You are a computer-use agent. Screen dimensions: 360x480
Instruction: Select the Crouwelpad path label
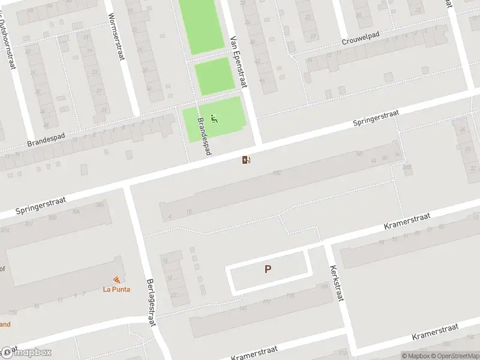[362, 41]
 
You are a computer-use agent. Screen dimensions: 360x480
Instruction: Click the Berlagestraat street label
[151, 302]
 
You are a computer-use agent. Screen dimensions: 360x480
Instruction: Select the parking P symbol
[268, 270]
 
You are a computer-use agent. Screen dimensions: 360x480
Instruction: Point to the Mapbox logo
[27, 352]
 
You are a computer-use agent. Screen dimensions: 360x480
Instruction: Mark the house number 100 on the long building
[276, 174]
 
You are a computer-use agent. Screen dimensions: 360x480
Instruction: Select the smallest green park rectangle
[214, 76]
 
